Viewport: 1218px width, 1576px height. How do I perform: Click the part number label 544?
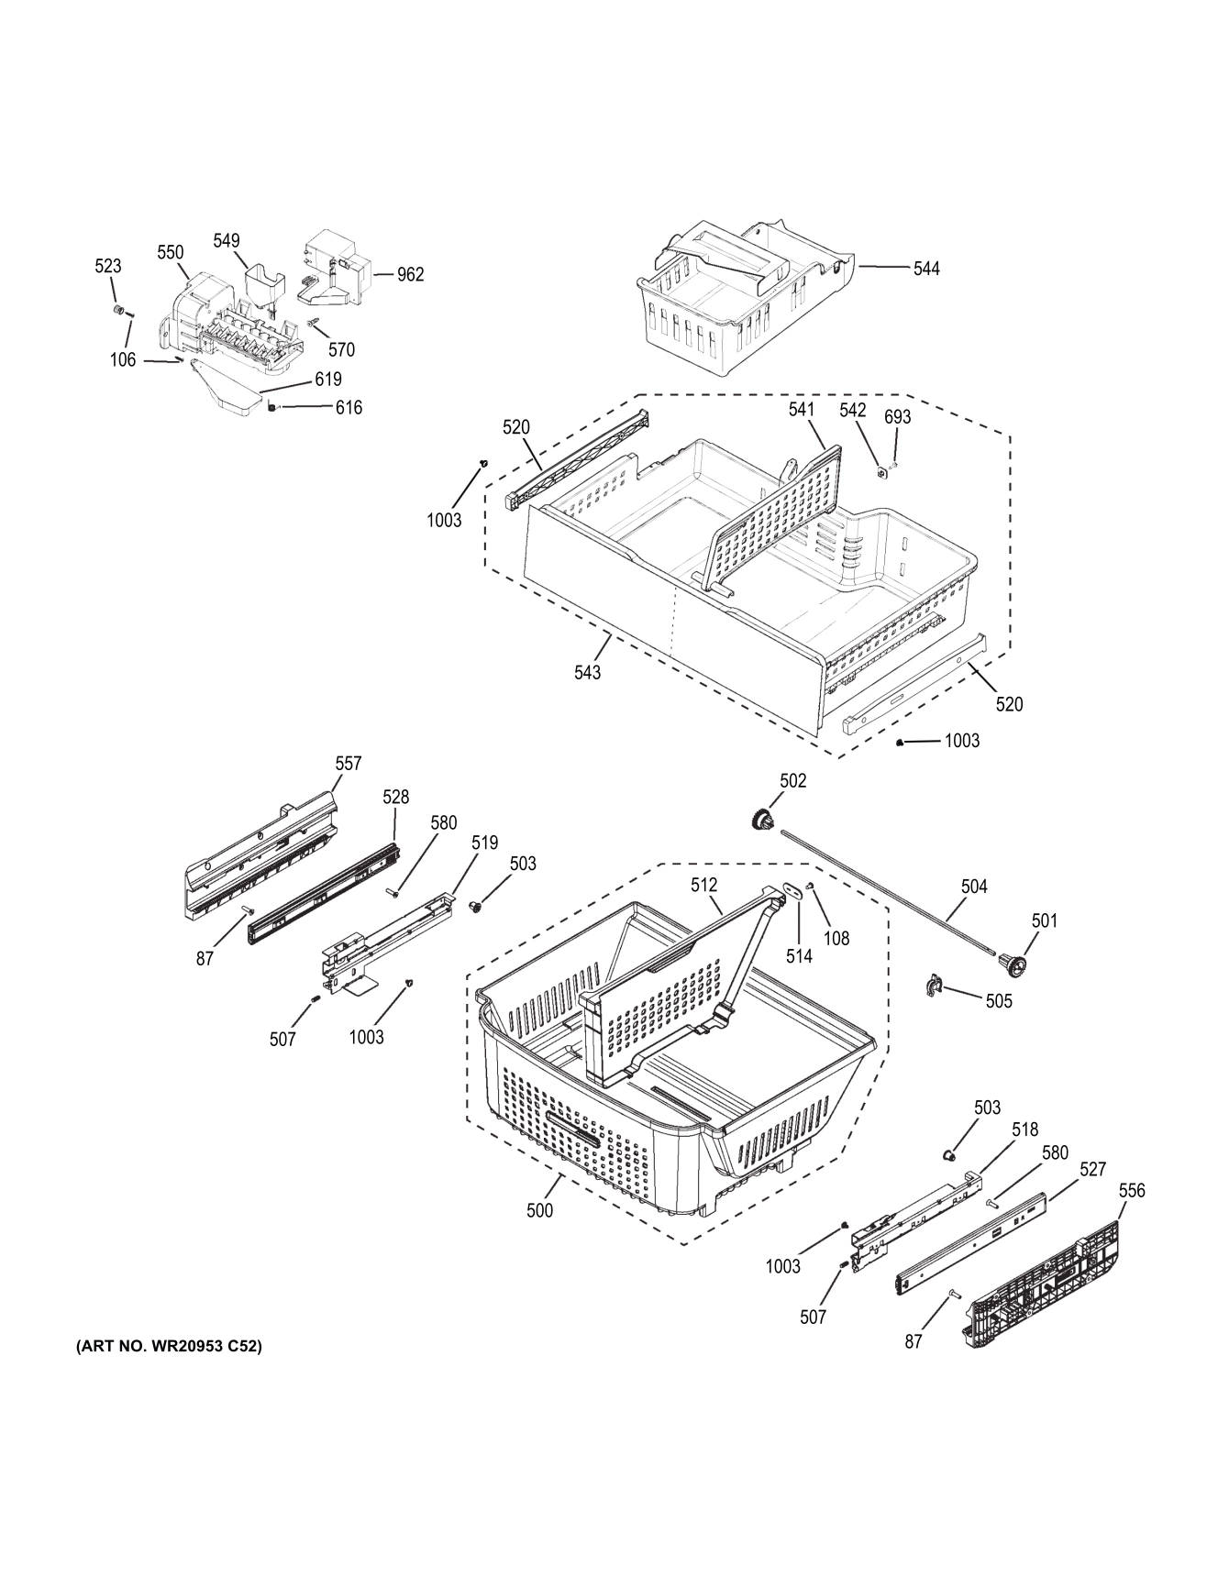pos(925,269)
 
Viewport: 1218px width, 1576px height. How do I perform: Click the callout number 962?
pos(410,274)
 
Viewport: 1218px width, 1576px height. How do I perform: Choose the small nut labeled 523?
pos(118,310)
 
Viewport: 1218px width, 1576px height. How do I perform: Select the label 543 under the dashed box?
pos(587,672)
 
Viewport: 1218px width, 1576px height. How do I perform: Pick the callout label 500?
pos(539,1210)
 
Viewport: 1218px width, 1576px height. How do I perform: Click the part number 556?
pos(1132,1190)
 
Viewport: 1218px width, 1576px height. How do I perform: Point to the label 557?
pos(348,763)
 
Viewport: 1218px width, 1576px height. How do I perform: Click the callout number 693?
pos(897,417)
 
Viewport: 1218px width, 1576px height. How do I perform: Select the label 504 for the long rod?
pos(973,886)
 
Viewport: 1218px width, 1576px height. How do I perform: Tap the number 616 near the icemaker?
pos(349,408)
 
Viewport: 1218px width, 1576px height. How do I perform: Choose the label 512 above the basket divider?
pos(703,885)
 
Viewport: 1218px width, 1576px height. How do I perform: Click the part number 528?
pos(395,797)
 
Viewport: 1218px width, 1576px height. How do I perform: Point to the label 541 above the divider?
pos(802,410)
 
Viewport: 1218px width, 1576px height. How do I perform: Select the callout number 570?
pos(341,349)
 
